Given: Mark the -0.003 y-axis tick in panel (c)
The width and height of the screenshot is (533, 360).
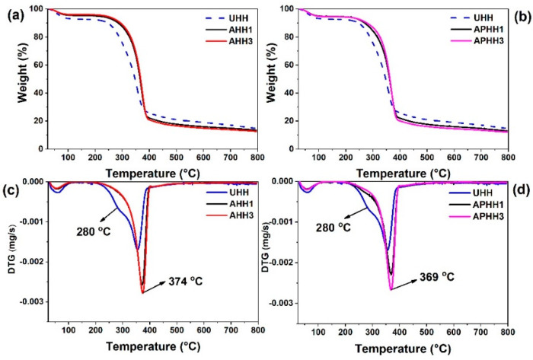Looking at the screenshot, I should [25, 302].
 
